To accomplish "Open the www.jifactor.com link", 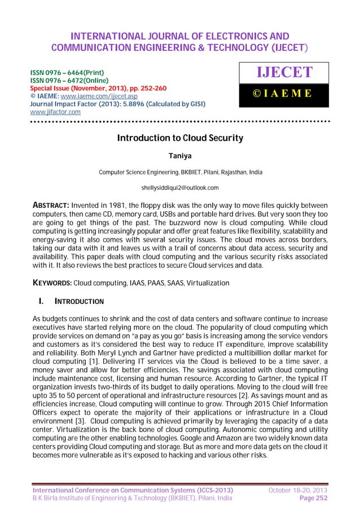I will pyautogui.click(x=55, y=112).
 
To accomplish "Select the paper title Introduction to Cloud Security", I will pyautogui.click(x=179, y=138).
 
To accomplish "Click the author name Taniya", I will pyautogui.click(x=179, y=155).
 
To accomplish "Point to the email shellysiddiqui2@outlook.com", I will pyautogui.click(x=179, y=187).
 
